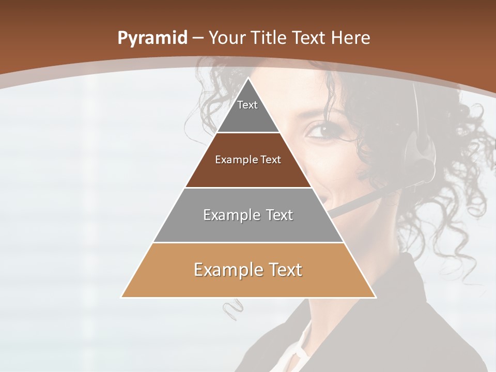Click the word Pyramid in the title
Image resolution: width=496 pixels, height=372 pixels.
tap(152, 38)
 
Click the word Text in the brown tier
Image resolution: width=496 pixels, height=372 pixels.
tap(270, 160)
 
